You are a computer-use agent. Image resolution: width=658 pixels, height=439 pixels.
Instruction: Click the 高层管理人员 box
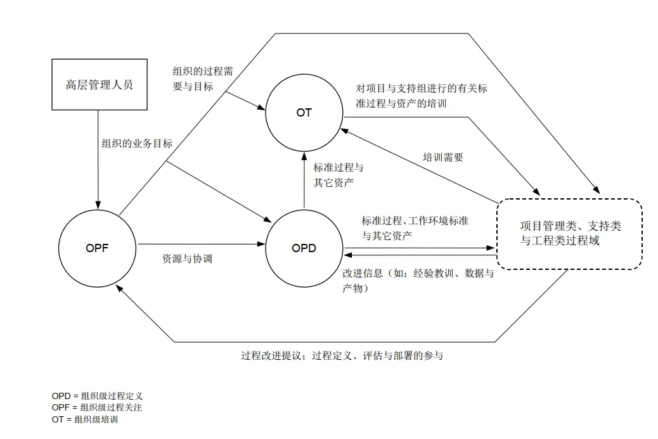pyautogui.click(x=99, y=85)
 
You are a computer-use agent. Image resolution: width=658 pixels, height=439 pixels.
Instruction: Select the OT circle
pyautogui.click(x=304, y=113)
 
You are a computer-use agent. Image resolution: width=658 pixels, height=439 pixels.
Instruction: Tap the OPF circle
pyautogui.click(x=97, y=248)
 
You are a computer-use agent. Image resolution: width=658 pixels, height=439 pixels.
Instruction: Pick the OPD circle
pyautogui.click(x=304, y=248)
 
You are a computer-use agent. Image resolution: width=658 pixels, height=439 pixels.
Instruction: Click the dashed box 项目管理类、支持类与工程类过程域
pyautogui.click(x=569, y=234)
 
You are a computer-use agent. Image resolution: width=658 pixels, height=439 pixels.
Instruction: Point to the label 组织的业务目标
pyautogui.click(x=137, y=144)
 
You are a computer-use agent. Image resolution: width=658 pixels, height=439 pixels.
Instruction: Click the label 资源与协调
pyautogui.click(x=188, y=258)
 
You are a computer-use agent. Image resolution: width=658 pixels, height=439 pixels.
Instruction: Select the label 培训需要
pyautogui.click(x=443, y=156)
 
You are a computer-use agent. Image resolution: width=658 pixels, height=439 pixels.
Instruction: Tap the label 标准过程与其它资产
pyautogui.click(x=339, y=175)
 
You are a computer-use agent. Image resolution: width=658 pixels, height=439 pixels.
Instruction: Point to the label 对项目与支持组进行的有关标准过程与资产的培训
pyautogui.click(x=422, y=96)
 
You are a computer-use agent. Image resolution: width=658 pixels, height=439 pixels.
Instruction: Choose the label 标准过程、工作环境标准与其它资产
pyautogui.click(x=415, y=228)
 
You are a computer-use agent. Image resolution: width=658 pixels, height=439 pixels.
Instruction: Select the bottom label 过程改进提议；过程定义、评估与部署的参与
pyautogui.click(x=342, y=355)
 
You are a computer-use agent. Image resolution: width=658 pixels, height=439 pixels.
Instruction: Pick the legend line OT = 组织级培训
pyautogui.click(x=85, y=419)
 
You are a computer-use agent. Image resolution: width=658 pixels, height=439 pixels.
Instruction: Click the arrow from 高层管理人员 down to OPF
pyautogui.click(x=98, y=158)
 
